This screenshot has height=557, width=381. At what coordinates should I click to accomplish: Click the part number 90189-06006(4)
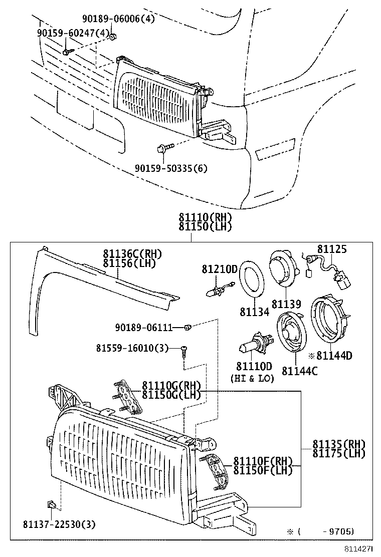[x=119, y=20]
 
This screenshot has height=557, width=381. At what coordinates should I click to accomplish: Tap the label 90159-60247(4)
[x=73, y=33]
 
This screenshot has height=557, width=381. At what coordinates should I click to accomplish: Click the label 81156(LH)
[x=129, y=263]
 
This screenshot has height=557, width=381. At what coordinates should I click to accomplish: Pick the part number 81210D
[x=219, y=269]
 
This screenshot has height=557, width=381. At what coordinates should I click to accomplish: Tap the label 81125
[x=332, y=249]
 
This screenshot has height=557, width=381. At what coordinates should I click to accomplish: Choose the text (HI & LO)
[x=252, y=378]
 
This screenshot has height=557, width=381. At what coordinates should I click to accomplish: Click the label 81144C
[x=299, y=371]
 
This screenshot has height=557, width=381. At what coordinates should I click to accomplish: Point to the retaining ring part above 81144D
[x=327, y=320]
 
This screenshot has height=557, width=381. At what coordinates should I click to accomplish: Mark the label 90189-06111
[x=144, y=328]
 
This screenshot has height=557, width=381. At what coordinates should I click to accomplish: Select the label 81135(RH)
[x=339, y=444]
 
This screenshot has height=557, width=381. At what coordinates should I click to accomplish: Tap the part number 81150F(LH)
[x=262, y=470]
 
